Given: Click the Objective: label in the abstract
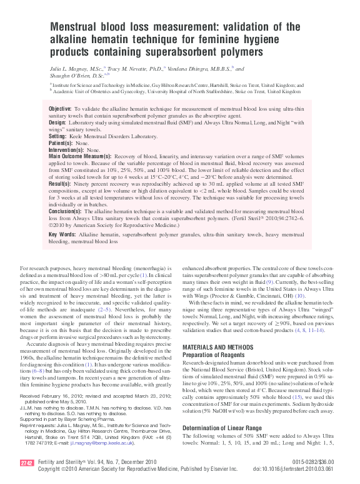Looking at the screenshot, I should pyautogui.click(x=60, y=109).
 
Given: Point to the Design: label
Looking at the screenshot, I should pyautogui.click(x=57, y=123).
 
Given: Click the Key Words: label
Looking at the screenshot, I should pyautogui.click(x=62, y=235).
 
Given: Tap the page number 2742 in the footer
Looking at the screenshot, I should pyautogui.click(x=26, y=463).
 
